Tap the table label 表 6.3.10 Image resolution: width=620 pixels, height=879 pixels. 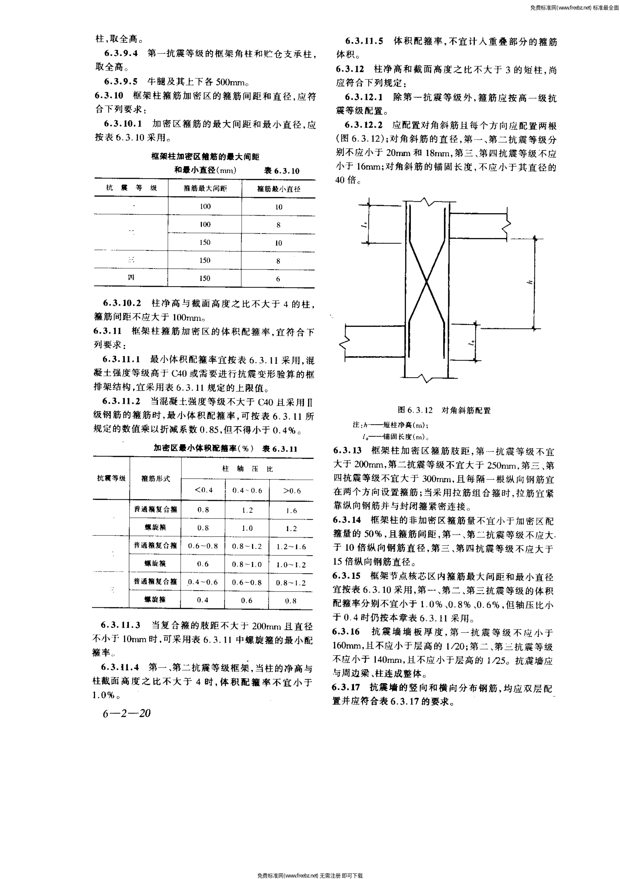(282, 171)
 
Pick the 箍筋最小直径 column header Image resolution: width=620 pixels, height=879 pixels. (279, 189)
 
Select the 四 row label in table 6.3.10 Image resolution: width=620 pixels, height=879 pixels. (131, 278)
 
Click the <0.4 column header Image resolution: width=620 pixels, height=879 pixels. (203, 491)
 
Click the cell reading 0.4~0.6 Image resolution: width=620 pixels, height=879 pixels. (203, 582)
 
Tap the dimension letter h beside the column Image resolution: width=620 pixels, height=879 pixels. (530, 283)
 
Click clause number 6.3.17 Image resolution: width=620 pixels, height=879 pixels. (346, 687)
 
